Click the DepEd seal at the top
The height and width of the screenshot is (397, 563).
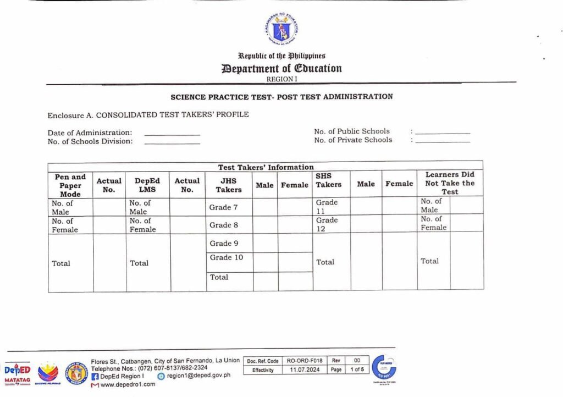click(x=281, y=28)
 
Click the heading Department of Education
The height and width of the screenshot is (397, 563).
click(x=281, y=69)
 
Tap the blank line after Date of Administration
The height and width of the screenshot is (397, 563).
click(x=172, y=134)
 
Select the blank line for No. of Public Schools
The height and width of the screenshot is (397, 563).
click(x=443, y=133)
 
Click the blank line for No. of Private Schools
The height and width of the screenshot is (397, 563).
click(x=443, y=142)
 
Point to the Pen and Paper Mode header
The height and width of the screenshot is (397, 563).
click(x=70, y=185)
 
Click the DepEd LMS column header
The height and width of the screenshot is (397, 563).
click(x=147, y=185)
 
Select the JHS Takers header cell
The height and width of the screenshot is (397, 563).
click(x=229, y=185)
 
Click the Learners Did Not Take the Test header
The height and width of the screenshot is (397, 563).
click(x=450, y=183)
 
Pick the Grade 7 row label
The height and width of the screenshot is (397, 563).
click(x=220, y=207)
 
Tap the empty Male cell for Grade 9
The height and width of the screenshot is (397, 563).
click(x=265, y=243)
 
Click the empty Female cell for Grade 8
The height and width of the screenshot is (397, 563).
click(x=295, y=225)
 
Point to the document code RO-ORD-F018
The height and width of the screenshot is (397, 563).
click(x=305, y=361)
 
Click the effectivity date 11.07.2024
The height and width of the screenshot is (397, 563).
click(x=305, y=370)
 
